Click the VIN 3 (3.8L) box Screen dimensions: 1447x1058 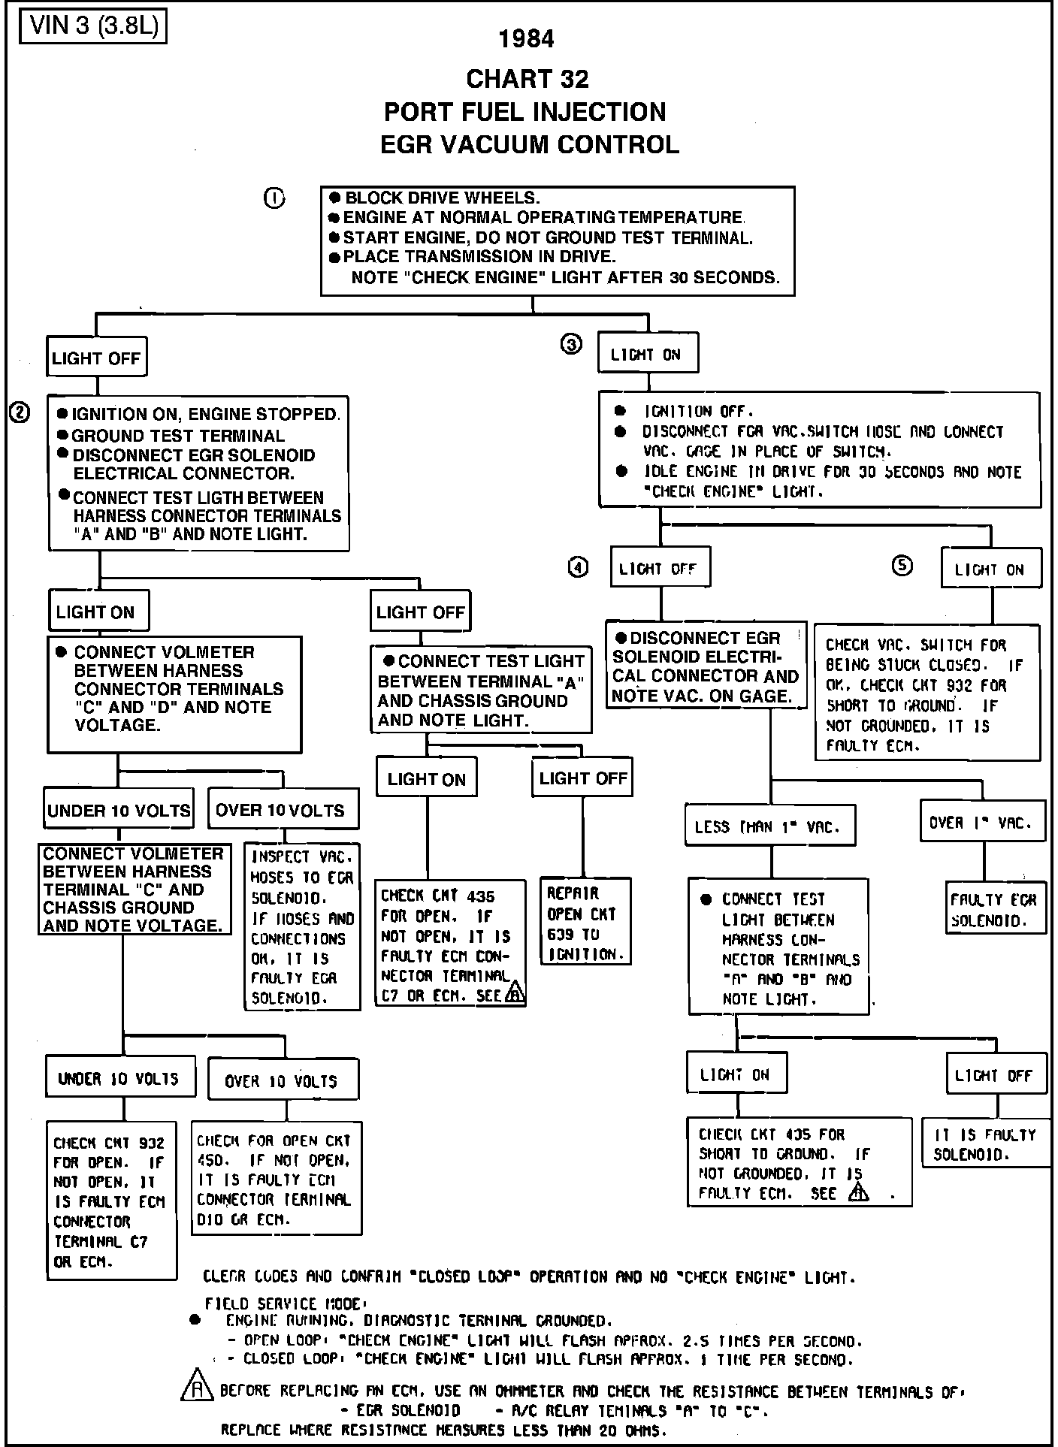click(x=92, y=26)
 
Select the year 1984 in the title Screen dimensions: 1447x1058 click(x=527, y=39)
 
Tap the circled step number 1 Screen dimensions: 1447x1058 click(x=274, y=198)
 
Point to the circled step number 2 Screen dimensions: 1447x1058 click(x=20, y=412)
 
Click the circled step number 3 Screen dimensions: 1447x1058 click(x=571, y=344)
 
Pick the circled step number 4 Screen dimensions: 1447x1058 click(x=578, y=568)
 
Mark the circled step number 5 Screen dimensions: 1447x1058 click(x=902, y=566)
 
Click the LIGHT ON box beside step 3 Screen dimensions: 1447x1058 click(x=648, y=353)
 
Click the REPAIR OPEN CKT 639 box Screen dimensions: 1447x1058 click(x=585, y=923)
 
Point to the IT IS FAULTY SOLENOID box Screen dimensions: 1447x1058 click(x=985, y=1145)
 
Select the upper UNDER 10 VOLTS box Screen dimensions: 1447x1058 click(x=119, y=811)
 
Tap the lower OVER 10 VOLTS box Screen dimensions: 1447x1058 click(x=282, y=1081)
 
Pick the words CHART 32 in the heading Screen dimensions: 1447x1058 click(x=527, y=78)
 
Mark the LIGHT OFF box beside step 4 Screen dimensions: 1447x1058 click(x=659, y=569)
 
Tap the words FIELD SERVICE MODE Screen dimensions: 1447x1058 click(x=284, y=1304)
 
